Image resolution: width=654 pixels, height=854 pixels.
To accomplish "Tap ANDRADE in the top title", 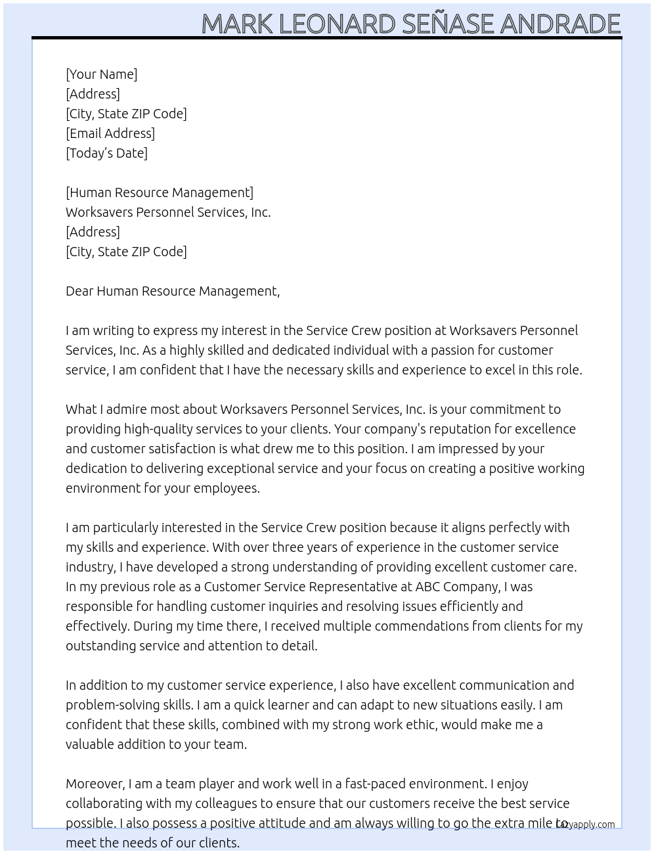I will tap(560, 24).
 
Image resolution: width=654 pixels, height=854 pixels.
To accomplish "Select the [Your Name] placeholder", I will tap(101, 74).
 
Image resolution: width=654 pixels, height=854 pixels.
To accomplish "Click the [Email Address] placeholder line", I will tap(110, 133).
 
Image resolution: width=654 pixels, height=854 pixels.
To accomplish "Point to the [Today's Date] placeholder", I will tap(106, 153).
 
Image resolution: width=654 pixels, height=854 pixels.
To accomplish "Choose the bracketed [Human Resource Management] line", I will tap(160, 192).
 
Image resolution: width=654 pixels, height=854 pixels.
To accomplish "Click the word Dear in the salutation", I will tap(79, 291).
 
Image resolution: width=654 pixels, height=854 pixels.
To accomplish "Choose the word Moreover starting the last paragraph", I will tap(95, 784).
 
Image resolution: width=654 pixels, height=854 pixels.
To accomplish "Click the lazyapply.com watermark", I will tap(586, 824).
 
